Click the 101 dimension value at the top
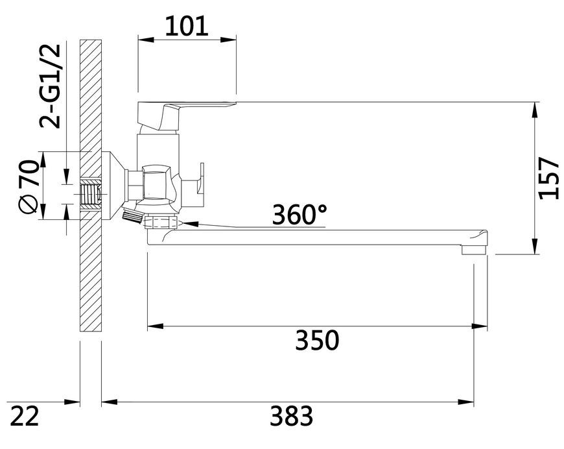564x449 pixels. point(187,26)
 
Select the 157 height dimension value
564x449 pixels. point(549,178)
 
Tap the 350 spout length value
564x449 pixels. point(317,340)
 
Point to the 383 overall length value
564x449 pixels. point(292,416)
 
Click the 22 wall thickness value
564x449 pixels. point(24,416)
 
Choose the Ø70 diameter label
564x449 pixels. point(28,186)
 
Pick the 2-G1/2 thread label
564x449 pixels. point(50,86)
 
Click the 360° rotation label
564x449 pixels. point(300,215)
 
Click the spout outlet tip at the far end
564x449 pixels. point(474,249)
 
